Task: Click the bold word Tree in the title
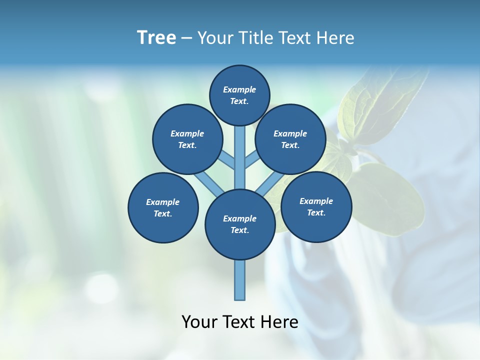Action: (156, 38)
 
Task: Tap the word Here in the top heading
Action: (336, 38)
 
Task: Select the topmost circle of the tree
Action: (239, 95)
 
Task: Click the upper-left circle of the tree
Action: (187, 139)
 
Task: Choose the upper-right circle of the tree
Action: (290, 139)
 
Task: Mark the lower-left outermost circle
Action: (163, 207)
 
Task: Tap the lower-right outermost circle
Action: (316, 206)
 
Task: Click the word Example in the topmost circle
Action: (239, 90)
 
